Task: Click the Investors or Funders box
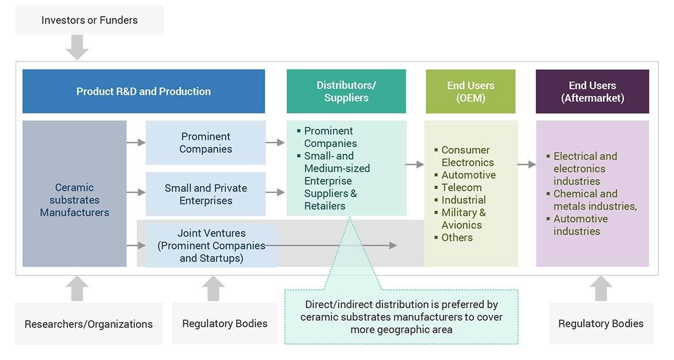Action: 89,20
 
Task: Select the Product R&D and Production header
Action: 143,92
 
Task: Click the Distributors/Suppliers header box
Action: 346,92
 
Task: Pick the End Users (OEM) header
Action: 471,92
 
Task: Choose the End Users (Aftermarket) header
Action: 592,92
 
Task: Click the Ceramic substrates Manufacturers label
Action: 74,200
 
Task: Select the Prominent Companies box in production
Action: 206,143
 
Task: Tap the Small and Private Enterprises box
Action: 206,194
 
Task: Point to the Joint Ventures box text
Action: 211,246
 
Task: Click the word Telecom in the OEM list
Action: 461,188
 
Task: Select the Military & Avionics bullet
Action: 463,219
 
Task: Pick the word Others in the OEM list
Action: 457,237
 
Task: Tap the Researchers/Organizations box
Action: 89,324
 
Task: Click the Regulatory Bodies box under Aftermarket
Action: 601,324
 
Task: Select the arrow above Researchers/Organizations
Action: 77,289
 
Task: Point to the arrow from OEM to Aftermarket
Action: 527,165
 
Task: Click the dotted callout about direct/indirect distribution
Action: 402,317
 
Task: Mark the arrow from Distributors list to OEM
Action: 415,165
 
